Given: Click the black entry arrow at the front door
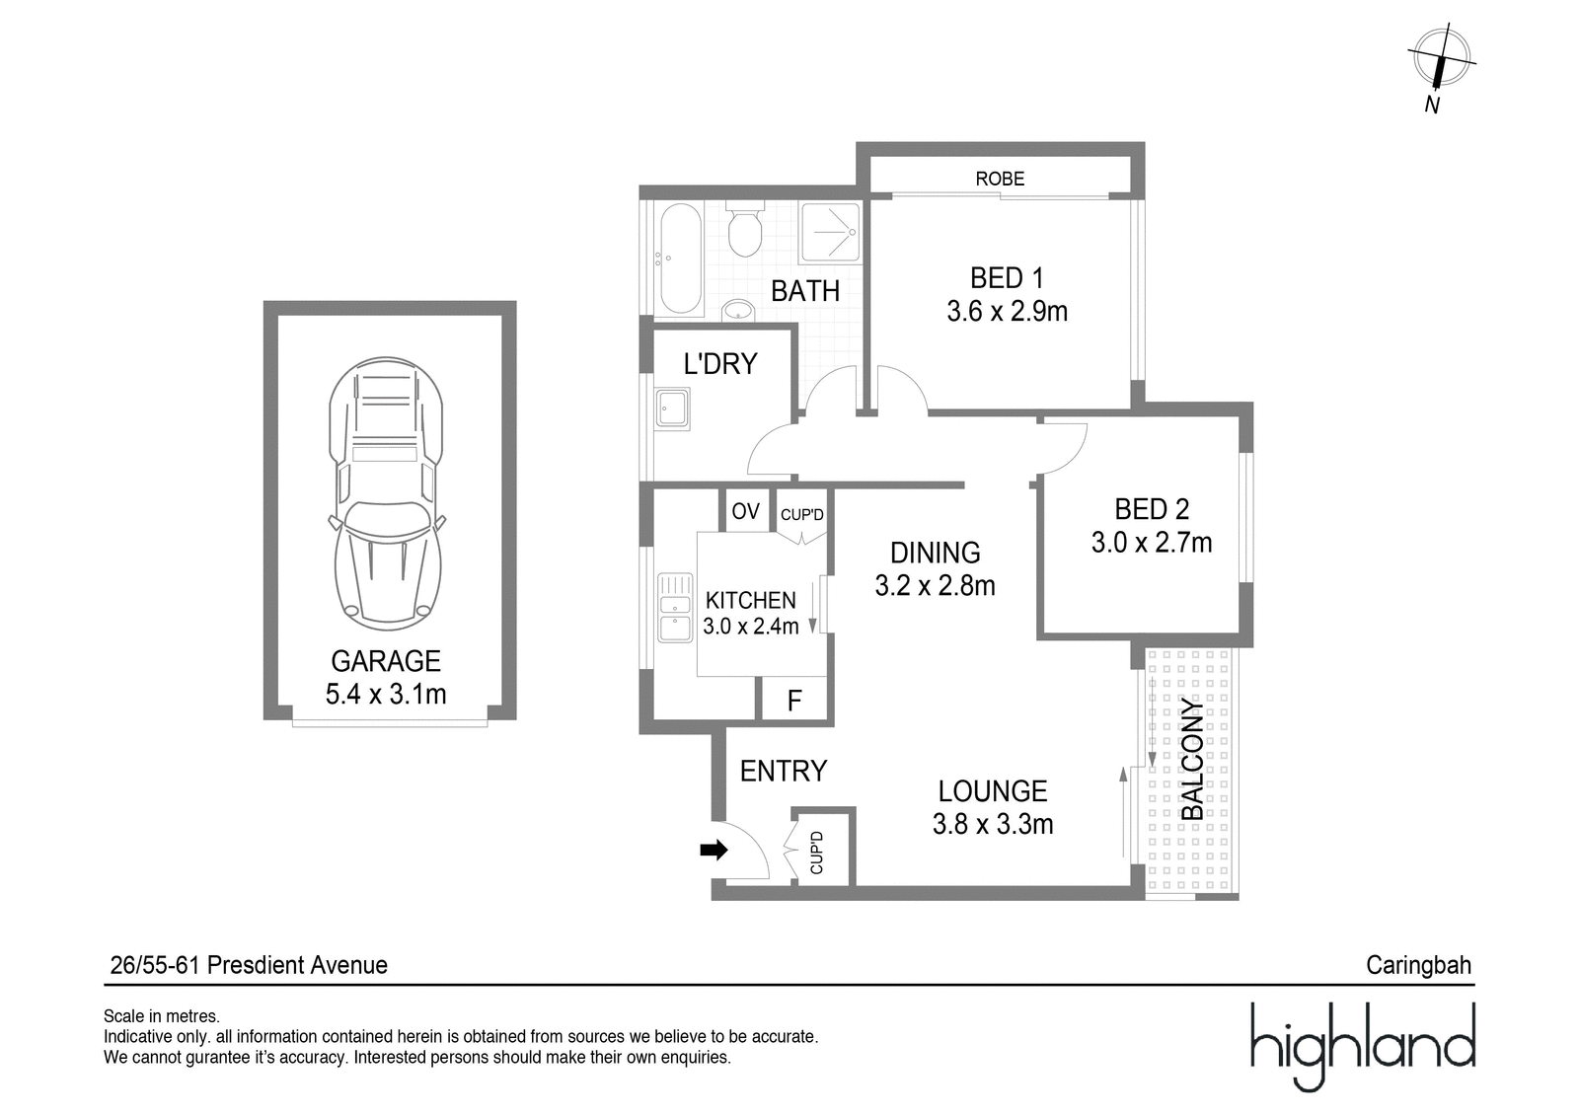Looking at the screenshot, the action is [x=714, y=851].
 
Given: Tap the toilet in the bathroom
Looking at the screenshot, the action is [x=745, y=229].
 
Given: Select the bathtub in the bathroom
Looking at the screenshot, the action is [x=681, y=258].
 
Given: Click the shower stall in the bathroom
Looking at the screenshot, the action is [x=830, y=233].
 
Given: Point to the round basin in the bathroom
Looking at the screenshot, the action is [x=738, y=310].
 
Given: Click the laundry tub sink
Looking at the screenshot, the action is [x=672, y=409].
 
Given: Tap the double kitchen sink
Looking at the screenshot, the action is [x=675, y=607].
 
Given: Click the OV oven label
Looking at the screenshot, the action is [x=746, y=511].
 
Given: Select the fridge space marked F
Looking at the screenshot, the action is [x=794, y=700].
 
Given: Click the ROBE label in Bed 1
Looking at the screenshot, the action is [x=1000, y=179].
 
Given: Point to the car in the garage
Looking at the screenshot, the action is [x=386, y=493].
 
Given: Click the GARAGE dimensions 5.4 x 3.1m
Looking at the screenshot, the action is [x=386, y=695].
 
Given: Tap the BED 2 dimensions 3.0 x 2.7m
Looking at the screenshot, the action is [x=1152, y=543].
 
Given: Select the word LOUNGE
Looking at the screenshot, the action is [x=993, y=791].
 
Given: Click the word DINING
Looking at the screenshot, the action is [x=935, y=553].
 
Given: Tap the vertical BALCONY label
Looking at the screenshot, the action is [x=1193, y=759].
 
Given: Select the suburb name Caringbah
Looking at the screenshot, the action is [x=1418, y=965].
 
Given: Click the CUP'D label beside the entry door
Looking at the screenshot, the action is [x=816, y=853].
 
